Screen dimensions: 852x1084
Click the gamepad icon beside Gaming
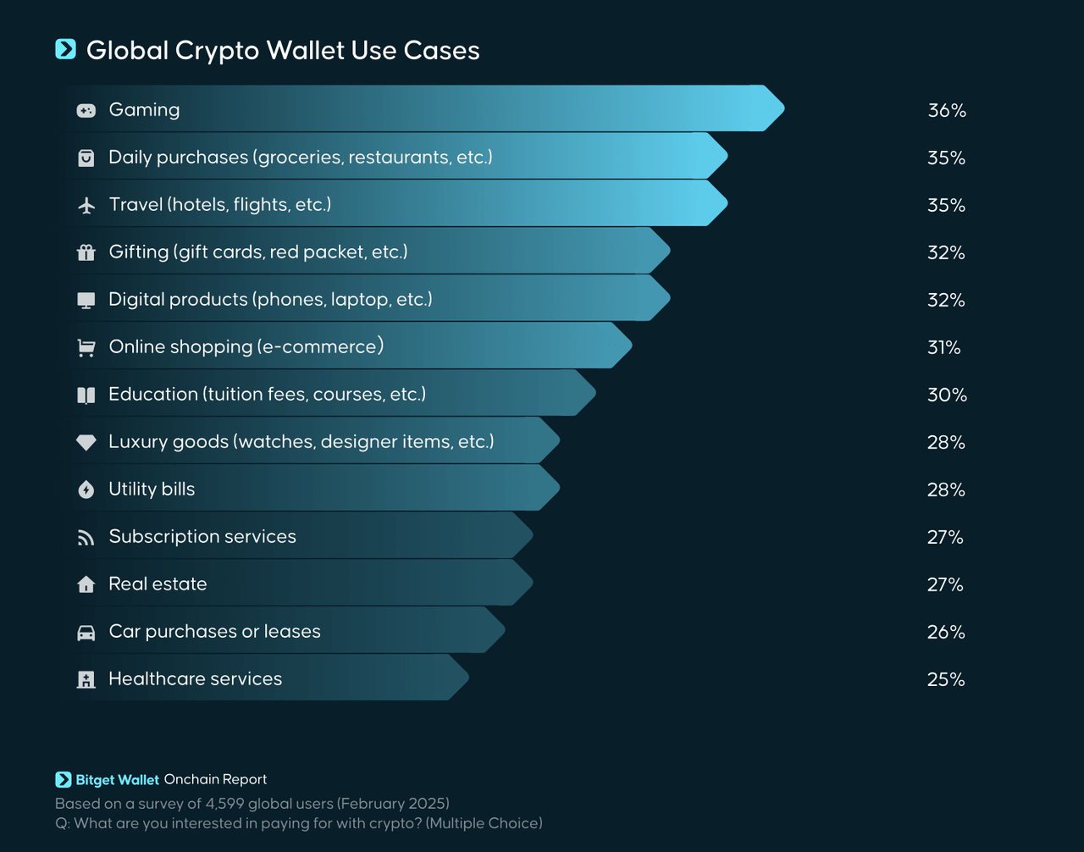pyautogui.click(x=86, y=110)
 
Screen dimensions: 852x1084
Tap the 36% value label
pyautogui.click(x=947, y=110)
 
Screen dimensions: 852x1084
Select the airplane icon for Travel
pyautogui.click(x=86, y=205)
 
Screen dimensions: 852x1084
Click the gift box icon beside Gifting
pyautogui.click(x=86, y=252)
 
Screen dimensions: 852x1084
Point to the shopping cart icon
pyautogui.click(x=86, y=347)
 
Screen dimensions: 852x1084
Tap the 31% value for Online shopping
pyautogui.click(x=943, y=347)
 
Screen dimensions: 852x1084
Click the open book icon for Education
pyautogui.click(x=86, y=395)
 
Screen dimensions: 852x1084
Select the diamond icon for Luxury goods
pyautogui.click(x=86, y=442)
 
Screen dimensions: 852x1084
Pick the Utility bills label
pyautogui.click(x=152, y=489)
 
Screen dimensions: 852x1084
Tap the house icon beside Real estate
pyautogui.click(x=86, y=584)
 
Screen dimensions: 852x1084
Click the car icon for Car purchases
pyautogui.click(x=86, y=633)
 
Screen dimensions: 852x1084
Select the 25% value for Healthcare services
pyautogui.click(x=946, y=679)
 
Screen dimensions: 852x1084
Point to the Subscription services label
pyautogui.click(x=202, y=536)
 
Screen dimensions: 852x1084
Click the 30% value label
pyautogui.click(x=947, y=395)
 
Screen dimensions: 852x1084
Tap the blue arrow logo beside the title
pyautogui.click(x=65, y=49)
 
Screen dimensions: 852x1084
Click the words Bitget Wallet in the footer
pyautogui.click(x=117, y=779)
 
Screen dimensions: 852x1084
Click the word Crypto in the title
pyautogui.click(x=217, y=51)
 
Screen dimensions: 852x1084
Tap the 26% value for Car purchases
pyautogui.click(x=946, y=632)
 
